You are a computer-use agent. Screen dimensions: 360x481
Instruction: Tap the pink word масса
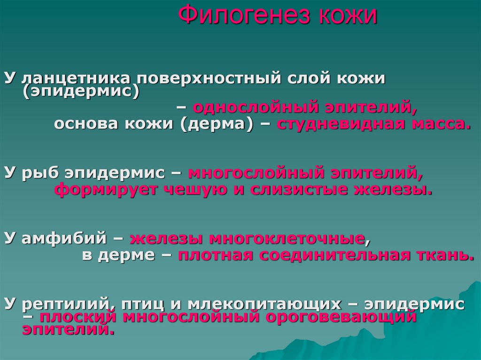coord(441,124)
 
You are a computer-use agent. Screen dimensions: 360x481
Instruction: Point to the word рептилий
coord(64,304)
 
